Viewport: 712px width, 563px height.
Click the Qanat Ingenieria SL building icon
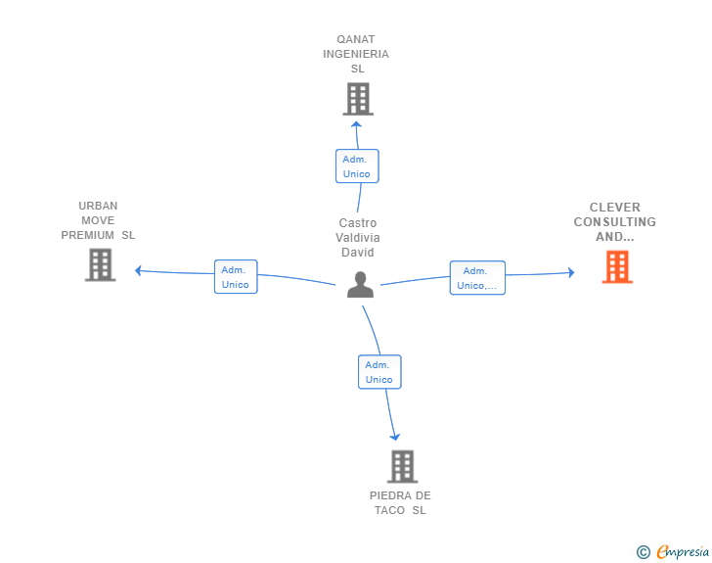[358, 99]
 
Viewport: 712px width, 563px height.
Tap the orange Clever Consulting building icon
[617, 266]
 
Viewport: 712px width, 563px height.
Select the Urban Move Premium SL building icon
[100, 264]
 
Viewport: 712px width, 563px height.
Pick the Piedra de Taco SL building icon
[402, 466]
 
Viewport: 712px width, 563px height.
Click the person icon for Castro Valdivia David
[361, 285]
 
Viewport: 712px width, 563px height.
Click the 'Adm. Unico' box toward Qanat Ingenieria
[356, 166]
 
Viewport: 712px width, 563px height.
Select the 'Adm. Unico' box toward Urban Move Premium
[236, 277]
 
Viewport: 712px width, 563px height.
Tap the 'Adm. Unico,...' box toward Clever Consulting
[477, 278]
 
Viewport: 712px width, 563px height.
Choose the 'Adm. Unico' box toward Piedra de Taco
[378, 372]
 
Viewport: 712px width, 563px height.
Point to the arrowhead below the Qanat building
[357, 124]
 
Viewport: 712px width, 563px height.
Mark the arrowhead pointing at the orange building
[571, 273]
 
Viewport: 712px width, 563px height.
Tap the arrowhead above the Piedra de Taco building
[395, 436]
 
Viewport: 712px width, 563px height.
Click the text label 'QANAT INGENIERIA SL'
[356, 55]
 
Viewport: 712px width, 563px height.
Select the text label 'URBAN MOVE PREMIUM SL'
[98, 220]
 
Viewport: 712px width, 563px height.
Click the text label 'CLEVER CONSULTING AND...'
[615, 222]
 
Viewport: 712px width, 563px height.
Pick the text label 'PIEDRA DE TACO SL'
[400, 502]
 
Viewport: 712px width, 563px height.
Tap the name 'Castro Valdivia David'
[358, 238]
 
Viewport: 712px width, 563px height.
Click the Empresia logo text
[683, 552]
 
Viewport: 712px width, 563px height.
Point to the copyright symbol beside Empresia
[644, 552]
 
